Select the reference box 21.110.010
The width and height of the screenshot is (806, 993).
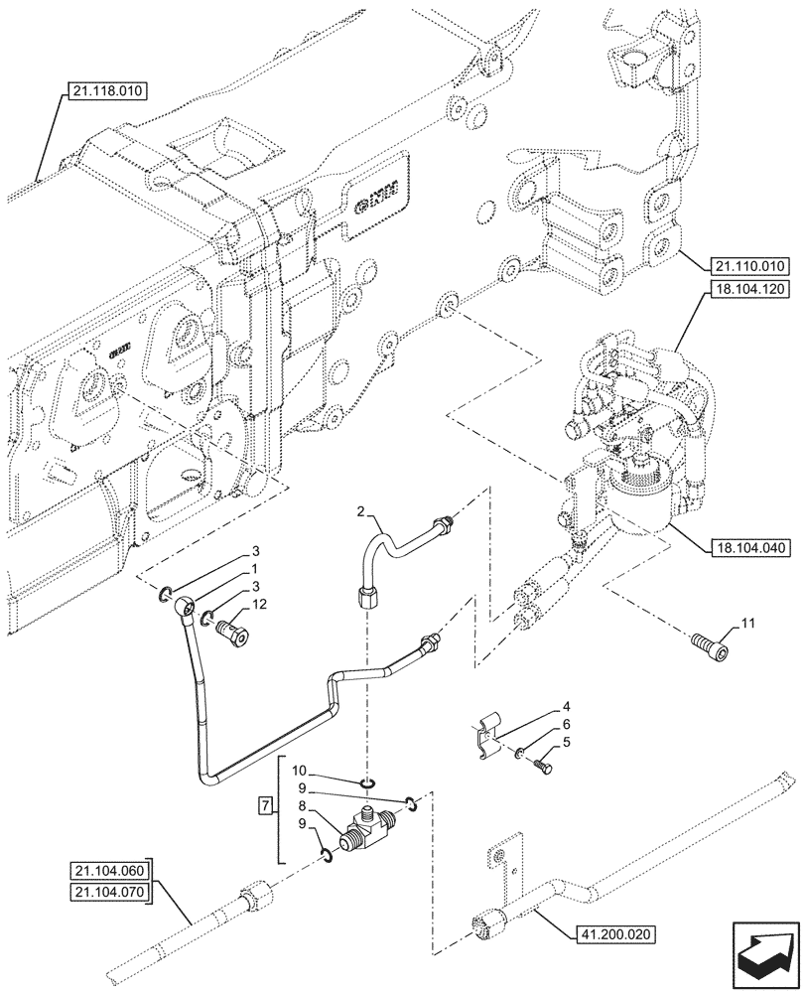pos(749,265)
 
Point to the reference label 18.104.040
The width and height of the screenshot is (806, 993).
pos(749,547)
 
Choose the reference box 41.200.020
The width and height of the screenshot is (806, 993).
pos(614,933)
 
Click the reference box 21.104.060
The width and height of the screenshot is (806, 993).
pos(108,872)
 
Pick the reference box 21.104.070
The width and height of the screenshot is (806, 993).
pos(108,891)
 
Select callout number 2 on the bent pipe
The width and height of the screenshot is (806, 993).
pos(363,511)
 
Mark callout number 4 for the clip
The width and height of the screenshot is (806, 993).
pos(567,708)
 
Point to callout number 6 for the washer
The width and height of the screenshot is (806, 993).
pos(567,725)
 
